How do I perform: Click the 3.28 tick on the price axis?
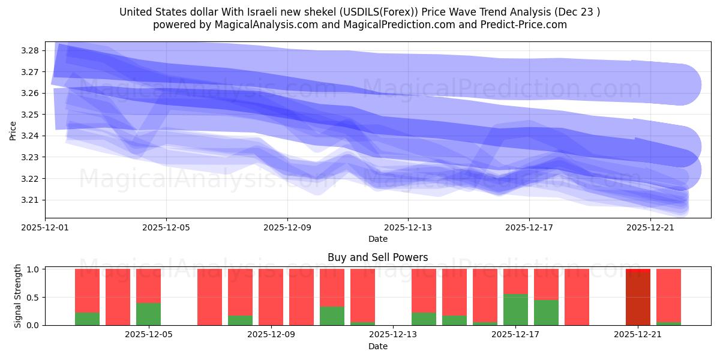click(x=30, y=50)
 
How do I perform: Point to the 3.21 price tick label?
click(x=30, y=200)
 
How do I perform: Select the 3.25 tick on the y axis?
click(x=30, y=115)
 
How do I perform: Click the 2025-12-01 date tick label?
click(x=45, y=227)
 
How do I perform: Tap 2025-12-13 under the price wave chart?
click(x=408, y=227)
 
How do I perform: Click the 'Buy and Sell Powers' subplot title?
click(x=377, y=257)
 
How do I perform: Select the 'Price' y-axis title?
click(x=13, y=130)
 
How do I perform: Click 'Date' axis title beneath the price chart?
click(x=377, y=239)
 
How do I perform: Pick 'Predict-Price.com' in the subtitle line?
click(x=527, y=25)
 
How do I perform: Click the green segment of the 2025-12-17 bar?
click(x=515, y=310)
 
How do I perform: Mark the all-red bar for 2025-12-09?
click(x=271, y=297)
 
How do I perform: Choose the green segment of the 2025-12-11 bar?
click(x=332, y=316)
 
